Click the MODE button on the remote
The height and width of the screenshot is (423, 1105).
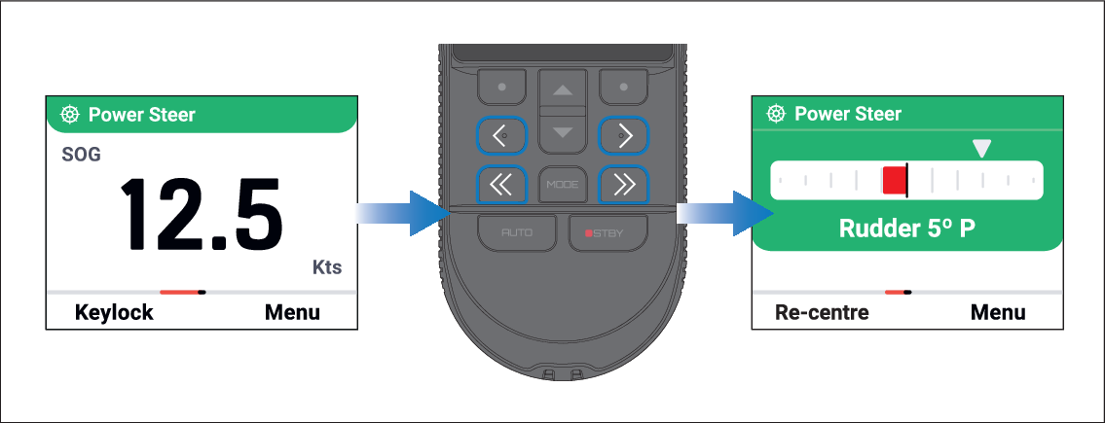[562, 185]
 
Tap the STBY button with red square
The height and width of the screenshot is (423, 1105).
[608, 232]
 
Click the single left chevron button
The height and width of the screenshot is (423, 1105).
[501, 135]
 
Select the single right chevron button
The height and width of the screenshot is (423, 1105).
[623, 135]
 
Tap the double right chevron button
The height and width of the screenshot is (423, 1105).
[623, 185]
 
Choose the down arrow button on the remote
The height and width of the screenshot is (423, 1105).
[563, 131]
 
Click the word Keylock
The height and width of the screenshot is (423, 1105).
[114, 312]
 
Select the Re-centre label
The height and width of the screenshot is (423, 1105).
[822, 312]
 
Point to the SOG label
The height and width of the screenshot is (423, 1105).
[81, 155]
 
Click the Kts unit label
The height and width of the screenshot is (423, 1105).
[326, 267]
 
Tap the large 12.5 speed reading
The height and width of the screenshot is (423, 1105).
[202, 215]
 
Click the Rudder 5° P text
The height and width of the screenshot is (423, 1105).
[907, 229]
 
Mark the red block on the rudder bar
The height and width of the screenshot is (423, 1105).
[895, 180]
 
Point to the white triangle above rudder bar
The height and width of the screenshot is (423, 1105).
[981, 148]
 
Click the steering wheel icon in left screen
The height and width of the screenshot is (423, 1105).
[70, 114]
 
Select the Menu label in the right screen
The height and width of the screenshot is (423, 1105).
[998, 312]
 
